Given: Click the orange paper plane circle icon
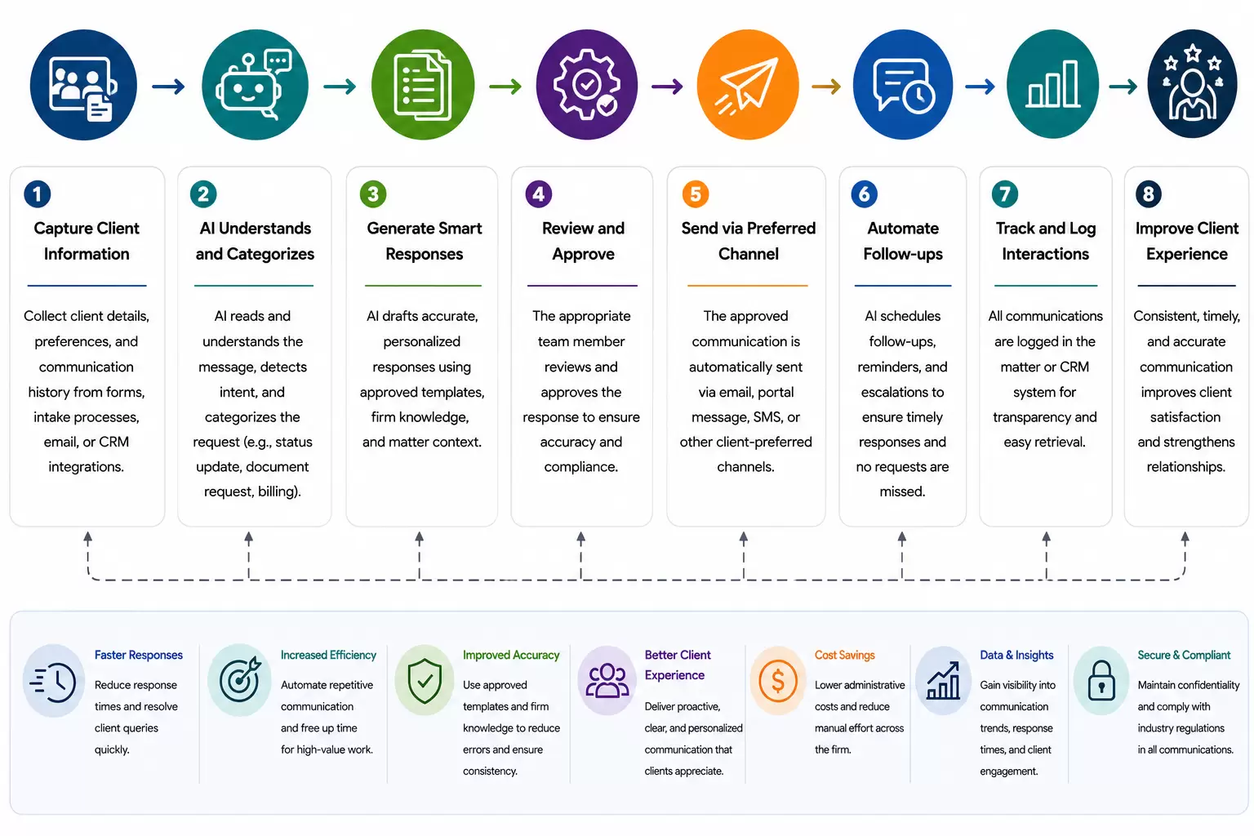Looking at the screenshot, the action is point(748,85).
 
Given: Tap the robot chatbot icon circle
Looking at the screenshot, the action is point(255,85).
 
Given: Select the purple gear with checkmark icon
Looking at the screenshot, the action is point(587,85).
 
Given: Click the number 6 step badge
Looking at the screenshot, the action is point(864,194).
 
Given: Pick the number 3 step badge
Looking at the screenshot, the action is point(373,194).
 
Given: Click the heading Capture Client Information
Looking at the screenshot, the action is point(87,241).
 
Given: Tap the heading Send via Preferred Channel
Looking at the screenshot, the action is point(748,241).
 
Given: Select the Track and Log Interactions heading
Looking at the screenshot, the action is point(1045,241).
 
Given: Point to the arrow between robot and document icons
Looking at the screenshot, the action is point(340,87).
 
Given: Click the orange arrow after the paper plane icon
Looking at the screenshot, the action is point(826,87).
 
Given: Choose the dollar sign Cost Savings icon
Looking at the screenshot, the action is point(777,681).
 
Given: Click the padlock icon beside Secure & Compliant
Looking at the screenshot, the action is point(1101,681).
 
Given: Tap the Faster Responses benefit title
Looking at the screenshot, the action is point(138,655).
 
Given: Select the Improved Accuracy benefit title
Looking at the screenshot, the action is point(510,655).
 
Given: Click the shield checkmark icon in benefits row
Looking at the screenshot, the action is point(425,681).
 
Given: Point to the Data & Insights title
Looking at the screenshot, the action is point(1016,655).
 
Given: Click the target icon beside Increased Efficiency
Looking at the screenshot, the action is point(239,680).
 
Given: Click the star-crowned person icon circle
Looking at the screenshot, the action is point(1192,84).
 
